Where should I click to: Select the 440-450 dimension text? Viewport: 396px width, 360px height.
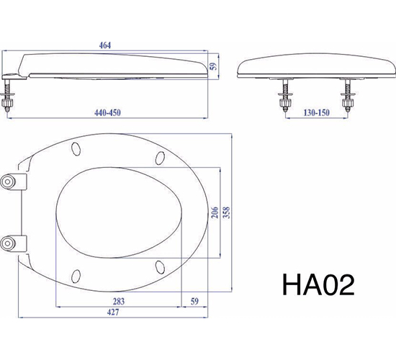[x=111, y=112]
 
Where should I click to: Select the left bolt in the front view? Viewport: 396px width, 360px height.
[x=283, y=96]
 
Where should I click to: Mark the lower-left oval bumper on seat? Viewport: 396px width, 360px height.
[x=77, y=274]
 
